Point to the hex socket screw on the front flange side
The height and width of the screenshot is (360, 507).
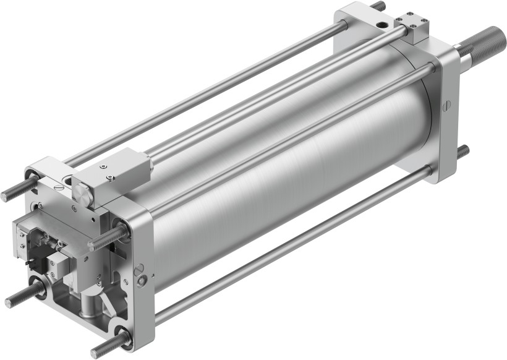tap(143, 281)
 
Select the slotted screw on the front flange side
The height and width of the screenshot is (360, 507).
tap(139, 268)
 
